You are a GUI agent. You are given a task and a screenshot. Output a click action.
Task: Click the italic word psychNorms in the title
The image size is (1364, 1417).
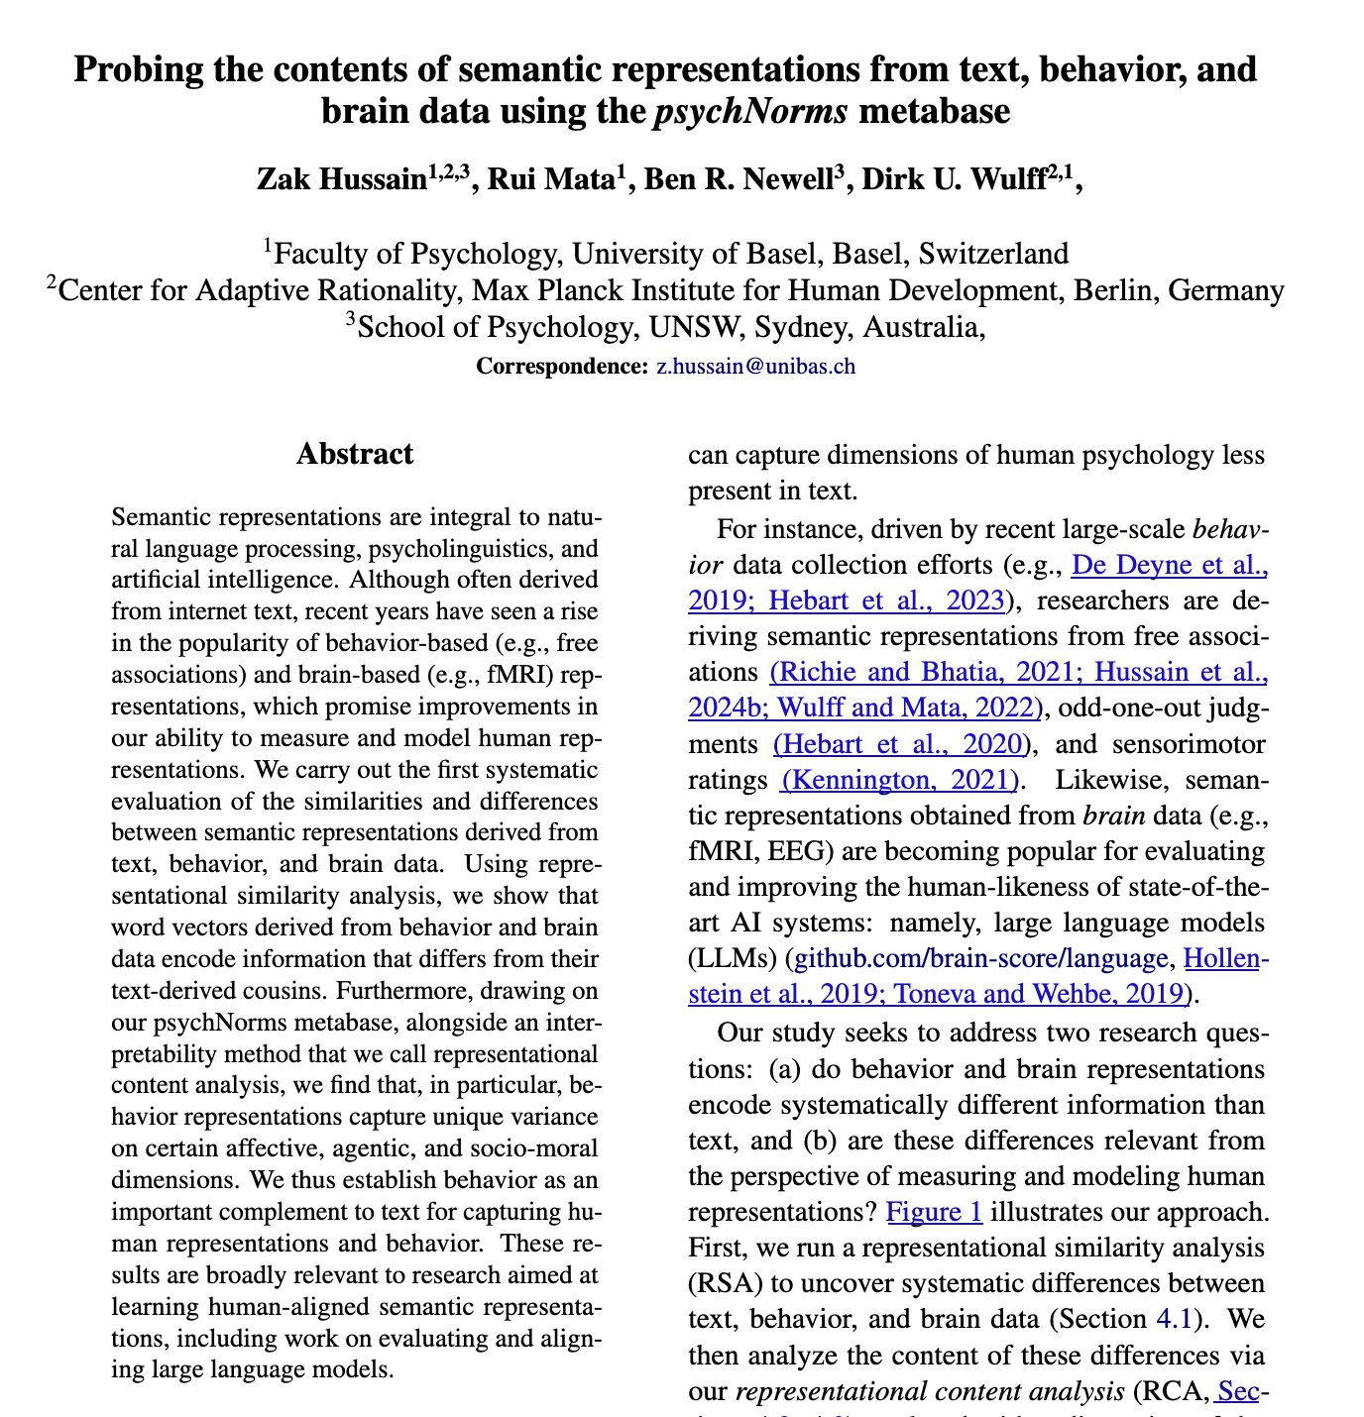(x=750, y=111)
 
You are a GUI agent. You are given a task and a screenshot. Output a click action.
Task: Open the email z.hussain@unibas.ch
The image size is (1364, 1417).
(x=755, y=367)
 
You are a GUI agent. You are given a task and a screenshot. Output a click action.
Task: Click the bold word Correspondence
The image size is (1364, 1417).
(x=561, y=367)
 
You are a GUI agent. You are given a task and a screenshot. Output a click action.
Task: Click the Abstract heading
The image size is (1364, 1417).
(x=355, y=455)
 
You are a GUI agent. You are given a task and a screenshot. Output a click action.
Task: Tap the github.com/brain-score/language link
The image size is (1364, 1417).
(x=981, y=958)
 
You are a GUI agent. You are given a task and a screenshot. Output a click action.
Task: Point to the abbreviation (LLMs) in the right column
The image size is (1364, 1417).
(x=733, y=958)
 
